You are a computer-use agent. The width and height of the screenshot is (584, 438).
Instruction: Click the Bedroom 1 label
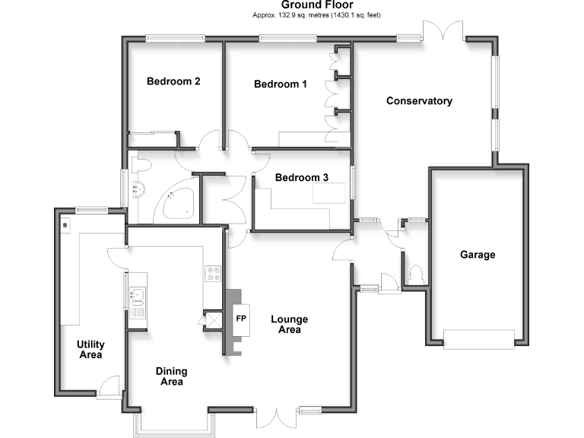click(x=280, y=84)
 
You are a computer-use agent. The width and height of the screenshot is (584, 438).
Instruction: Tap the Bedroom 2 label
click(x=173, y=81)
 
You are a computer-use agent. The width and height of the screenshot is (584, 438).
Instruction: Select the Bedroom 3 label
click(x=302, y=178)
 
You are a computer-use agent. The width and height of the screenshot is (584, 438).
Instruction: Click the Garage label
click(x=477, y=255)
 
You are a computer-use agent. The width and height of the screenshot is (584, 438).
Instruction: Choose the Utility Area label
click(x=90, y=350)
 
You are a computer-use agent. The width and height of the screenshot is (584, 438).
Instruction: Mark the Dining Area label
click(x=172, y=376)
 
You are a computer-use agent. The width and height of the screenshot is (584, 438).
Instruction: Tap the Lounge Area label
click(x=286, y=325)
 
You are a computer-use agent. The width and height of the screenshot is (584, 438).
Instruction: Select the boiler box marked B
click(x=65, y=226)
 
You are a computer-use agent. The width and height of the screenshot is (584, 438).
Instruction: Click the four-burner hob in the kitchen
click(x=212, y=272)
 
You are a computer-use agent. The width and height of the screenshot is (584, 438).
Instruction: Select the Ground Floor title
click(x=322, y=5)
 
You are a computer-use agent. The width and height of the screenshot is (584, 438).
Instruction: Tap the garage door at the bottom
click(x=477, y=338)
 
